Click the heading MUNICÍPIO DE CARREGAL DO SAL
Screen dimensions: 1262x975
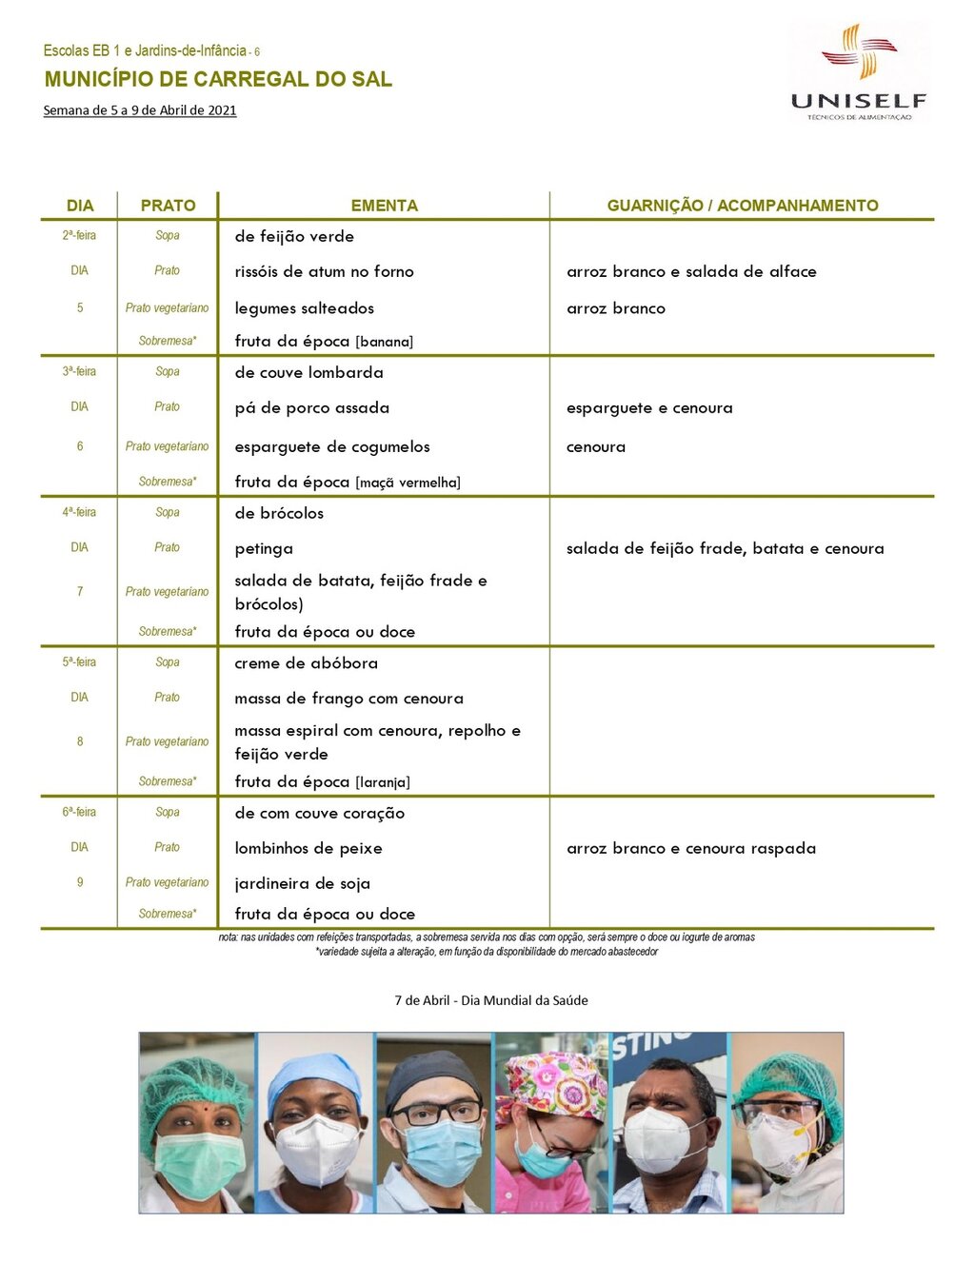[x=218, y=80]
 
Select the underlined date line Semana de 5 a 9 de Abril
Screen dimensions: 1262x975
[x=140, y=110]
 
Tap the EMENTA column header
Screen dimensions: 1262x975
[x=384, y=206]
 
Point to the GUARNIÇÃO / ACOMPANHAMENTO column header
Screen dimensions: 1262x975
[x=743, y=206]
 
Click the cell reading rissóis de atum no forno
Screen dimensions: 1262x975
[x=324, y=272]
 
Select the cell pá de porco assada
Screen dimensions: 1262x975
[x=311, y=408]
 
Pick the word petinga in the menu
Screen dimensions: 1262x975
[x=264, y=549]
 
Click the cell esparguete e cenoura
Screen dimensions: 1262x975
[x=649, y=408]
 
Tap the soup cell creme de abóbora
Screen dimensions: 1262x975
[x=306, y=663]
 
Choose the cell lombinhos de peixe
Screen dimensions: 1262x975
[x=308, y=849]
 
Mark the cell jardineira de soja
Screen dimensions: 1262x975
[x=302, y=884]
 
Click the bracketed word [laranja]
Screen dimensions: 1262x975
[x=383, y=783]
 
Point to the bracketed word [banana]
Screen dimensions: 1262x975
[x=385, y=343]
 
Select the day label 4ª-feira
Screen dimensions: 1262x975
[x=79, y=512]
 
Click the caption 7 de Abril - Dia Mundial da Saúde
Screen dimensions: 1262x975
[x=491, y=1000]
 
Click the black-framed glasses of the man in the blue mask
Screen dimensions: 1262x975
[x=435, y=1112]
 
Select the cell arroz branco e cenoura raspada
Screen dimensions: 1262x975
[x=690, y=849]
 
